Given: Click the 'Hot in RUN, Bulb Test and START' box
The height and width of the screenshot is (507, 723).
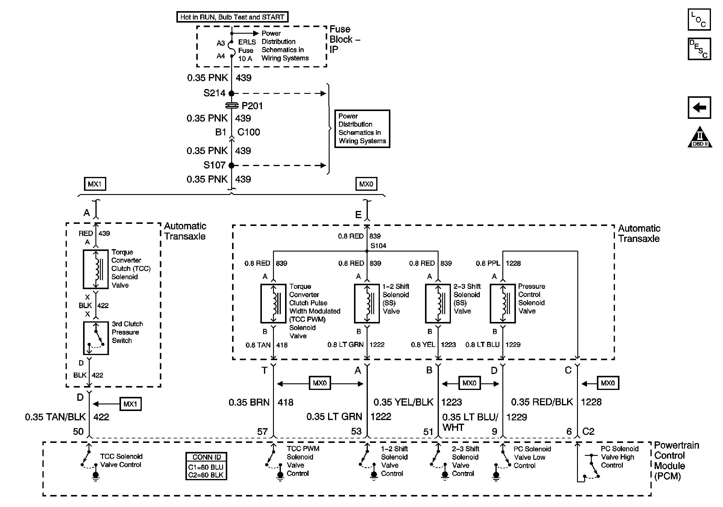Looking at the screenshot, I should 232,17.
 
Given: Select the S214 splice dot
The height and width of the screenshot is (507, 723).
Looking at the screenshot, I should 231,94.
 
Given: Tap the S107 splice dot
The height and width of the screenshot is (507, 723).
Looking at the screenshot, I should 231,165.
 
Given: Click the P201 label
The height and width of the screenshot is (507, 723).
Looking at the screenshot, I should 252,106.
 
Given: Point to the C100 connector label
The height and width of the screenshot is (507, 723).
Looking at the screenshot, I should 248,132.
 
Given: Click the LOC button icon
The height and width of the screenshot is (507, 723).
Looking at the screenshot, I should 699,20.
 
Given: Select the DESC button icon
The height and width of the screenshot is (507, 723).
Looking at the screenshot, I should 699,49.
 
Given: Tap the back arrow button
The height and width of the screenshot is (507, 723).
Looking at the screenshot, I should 699,108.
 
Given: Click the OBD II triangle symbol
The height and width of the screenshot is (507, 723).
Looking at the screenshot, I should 700,138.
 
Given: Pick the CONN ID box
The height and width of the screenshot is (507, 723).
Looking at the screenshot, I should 206,466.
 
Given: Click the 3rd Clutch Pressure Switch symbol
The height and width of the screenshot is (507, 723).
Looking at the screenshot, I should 96,338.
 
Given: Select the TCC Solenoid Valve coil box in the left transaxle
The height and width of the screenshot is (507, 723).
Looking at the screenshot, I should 95,269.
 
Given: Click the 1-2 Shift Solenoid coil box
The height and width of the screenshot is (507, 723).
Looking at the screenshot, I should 367,304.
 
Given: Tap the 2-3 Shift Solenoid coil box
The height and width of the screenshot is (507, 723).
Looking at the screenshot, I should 438,304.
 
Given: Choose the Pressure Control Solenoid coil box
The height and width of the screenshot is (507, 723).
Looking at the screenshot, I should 503,304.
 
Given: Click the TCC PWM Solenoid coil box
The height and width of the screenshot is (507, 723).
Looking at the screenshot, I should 273,304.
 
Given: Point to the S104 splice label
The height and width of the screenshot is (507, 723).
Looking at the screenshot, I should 378,246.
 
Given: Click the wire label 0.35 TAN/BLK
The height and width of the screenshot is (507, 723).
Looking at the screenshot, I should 55,417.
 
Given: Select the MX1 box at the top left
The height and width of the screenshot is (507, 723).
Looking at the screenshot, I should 95,184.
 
